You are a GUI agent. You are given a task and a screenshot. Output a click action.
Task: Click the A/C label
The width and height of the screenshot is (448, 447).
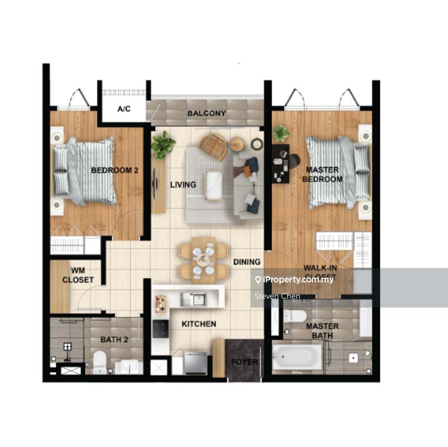click(x=124, y=109)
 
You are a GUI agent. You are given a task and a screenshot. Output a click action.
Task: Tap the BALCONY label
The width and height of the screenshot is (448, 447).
click(x=207, y=113)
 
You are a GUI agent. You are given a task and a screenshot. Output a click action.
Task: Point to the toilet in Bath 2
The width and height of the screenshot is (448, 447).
click(x=100, y=360)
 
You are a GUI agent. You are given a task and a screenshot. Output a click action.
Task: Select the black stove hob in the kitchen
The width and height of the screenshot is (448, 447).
click(x=161, y=329)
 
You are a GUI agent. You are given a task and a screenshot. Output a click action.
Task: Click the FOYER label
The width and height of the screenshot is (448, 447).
click(x=245, y=362)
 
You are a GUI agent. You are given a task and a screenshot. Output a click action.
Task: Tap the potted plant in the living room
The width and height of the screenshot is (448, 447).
click(x=163, y=144)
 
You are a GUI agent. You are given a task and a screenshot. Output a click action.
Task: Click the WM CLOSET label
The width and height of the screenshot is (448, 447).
click(x=78, y=275)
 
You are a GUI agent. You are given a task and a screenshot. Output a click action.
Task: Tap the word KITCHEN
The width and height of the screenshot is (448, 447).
click(x=199, y=324)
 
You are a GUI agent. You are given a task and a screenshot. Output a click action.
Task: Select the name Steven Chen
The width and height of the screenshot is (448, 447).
click(x=277, y=296)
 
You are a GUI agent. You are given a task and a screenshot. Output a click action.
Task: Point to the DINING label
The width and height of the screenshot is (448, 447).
click(x=247, y=262)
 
